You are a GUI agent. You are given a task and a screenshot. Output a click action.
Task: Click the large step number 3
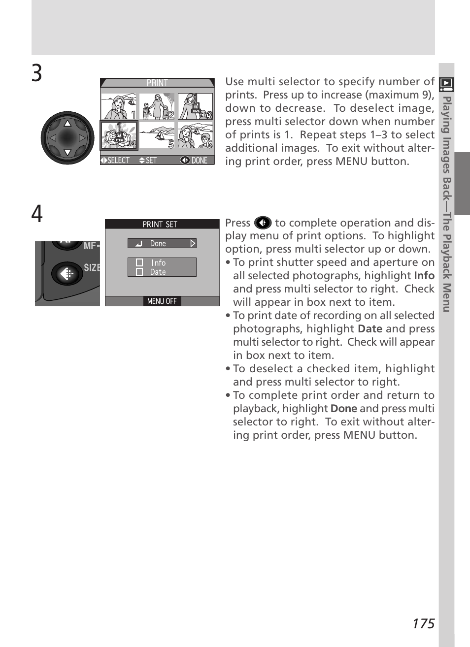(37, 73)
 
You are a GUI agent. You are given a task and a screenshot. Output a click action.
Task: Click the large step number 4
(37, 214)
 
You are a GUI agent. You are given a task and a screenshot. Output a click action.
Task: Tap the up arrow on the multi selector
(67, 123)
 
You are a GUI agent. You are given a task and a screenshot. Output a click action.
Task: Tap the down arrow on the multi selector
(67, 152)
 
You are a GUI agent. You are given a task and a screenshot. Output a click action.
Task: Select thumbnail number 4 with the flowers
(119, 135)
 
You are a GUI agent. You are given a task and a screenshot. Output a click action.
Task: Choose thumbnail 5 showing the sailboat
(157, 135)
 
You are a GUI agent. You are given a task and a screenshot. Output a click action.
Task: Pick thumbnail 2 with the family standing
(157, 106)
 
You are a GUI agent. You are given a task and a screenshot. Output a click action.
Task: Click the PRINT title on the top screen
(157, 83)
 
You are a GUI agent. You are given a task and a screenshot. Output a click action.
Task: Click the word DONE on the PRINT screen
(200, 161)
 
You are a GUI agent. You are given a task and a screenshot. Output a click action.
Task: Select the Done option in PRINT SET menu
(162, 244)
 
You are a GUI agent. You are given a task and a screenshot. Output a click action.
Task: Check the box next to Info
(139, 262)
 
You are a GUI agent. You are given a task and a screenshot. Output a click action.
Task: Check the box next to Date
(139, 272)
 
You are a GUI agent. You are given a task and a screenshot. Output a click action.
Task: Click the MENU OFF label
(162, 301)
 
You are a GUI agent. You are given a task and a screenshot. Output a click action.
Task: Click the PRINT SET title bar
(162, 224)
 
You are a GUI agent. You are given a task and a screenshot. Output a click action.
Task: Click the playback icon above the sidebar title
(446, 84)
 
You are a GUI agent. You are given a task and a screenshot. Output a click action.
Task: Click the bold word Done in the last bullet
(344, 408)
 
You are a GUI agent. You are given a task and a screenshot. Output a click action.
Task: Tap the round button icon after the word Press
(263, 223)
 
